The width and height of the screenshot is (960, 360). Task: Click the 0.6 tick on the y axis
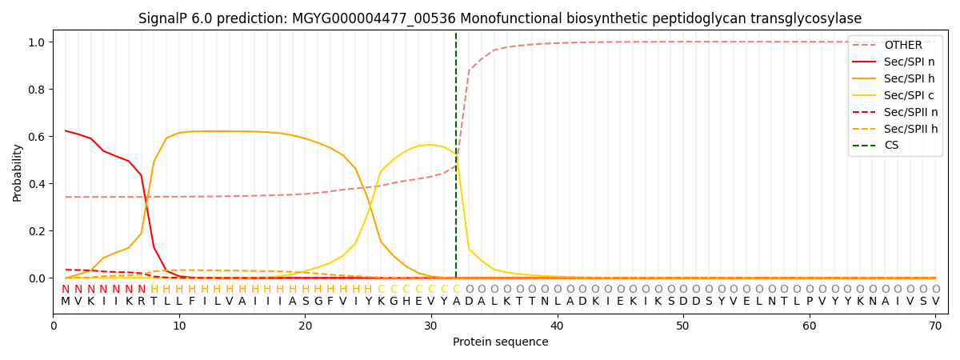38,137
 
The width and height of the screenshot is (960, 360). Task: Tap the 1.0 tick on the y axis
38,42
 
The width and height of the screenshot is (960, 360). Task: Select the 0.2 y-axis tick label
38,231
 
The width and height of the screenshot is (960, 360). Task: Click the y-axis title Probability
17,172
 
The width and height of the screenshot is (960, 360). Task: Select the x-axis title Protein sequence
500,342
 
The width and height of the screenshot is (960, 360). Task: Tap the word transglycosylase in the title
810,18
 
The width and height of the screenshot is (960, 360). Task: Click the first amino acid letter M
66,302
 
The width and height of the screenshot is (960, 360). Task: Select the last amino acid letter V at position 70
935,302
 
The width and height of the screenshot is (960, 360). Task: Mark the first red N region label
66,290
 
